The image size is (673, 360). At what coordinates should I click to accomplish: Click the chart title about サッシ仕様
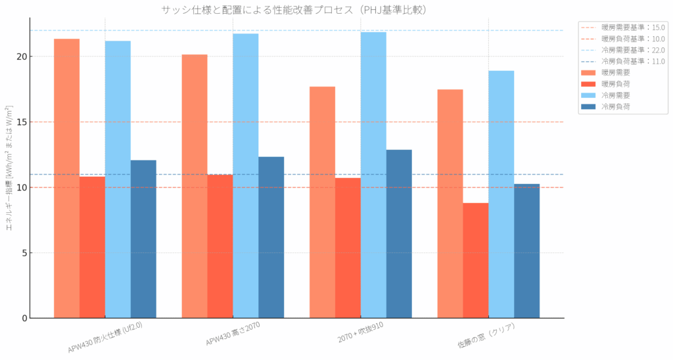pyautogui.click(x=298, y=9)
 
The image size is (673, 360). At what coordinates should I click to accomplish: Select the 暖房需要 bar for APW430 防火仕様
pyautogui.click(x=66, y=178)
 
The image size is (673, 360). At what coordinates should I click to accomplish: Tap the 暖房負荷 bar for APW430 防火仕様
pyautogui.click(x=92, y=247)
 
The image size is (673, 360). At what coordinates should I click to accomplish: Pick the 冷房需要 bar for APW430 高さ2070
pyautogui.click(x=245, y=175)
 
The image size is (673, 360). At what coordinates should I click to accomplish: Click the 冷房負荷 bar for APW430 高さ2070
pyautogui.click(x=271, y=237)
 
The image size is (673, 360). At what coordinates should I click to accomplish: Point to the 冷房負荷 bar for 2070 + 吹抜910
pyautogui.click(x=399, y=234)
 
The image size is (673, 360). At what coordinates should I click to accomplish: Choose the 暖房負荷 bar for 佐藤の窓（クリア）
pyautogui.click(x=475, y=260)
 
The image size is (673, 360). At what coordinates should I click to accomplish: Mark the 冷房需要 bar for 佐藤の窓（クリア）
pyautogui.click(x=501, y=194)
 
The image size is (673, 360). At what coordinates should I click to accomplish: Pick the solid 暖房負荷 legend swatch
pyautogui.click(x=590, y=83)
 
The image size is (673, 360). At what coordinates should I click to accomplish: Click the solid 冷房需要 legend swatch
pyautogui.click(x=590, y=95)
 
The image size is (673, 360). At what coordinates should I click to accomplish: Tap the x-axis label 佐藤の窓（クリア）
pyautogui.click(x=486, y=336)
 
